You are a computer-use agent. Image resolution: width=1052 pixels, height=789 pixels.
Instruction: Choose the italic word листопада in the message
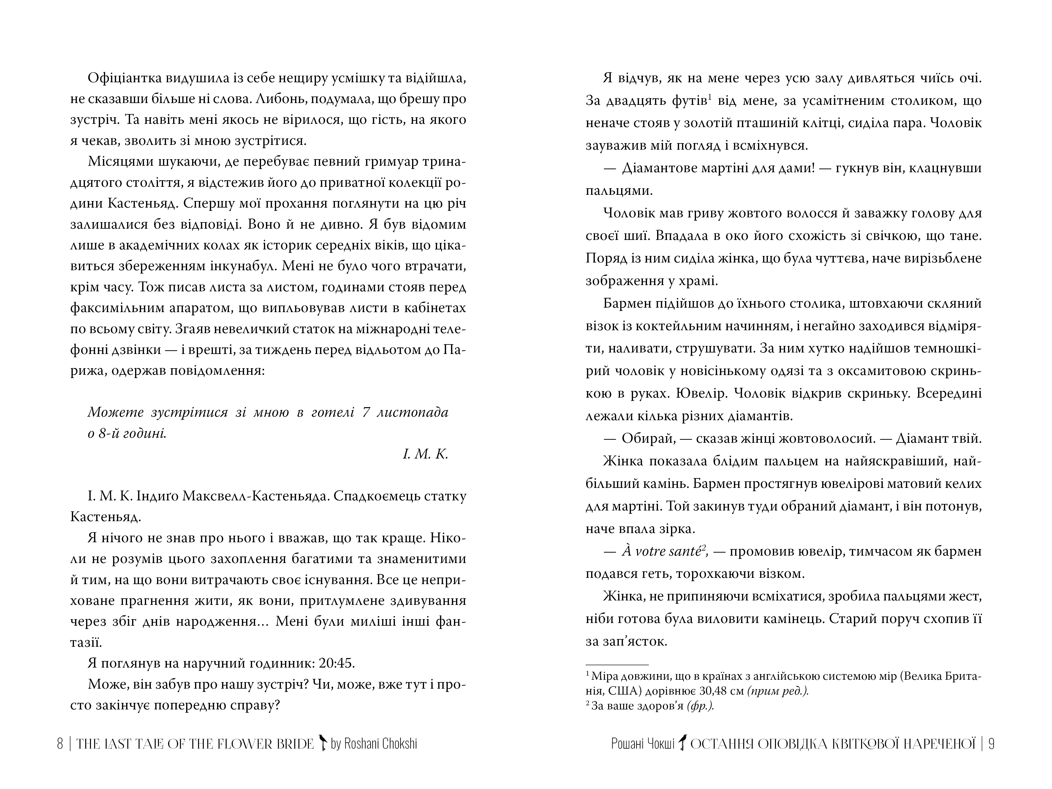(412, 412)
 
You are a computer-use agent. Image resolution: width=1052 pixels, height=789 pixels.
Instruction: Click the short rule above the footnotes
(617, 664)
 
